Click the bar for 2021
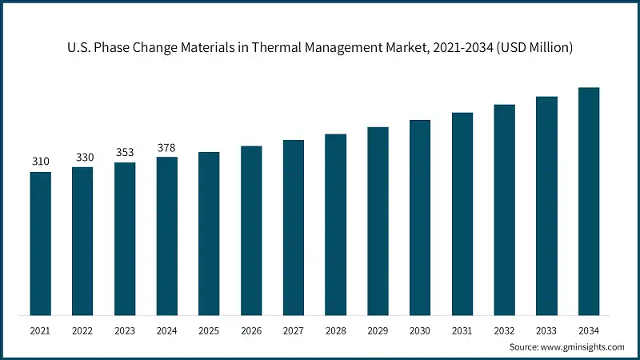[x=41, y=243]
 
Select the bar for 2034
[x=589, y=201]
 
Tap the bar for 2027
[x=294, y=227]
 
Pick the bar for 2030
[x=420, y=217]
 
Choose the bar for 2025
[x=209, y=233]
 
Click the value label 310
[x=41, y=162]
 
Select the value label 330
[x=83, y=157]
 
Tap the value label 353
[x=125, y=152]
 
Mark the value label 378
[x=167, y=147]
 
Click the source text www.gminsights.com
[x=583, y=346]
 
